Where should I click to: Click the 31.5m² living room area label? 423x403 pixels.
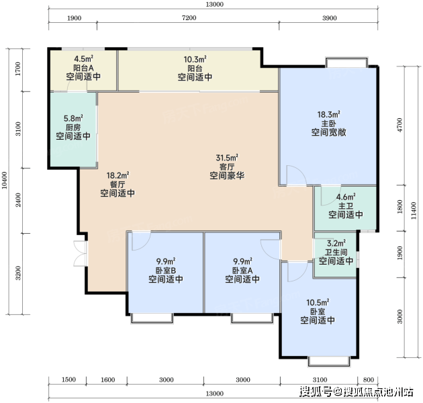[x=227, y=158]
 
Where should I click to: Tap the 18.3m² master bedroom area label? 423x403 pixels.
[x=328, y=114]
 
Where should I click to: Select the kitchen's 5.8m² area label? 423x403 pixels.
[x=73, y=118]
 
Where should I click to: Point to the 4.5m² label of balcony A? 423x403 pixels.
[x=84, y=59]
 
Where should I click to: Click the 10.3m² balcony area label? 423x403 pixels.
[x=195, y=59]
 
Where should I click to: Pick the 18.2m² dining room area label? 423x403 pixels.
[x=117, y=175]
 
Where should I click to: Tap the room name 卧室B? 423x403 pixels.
[x=166, y=270]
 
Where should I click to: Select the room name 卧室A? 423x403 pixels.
[x=242, y=270]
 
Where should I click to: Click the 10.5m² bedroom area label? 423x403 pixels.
[x=318, y=303]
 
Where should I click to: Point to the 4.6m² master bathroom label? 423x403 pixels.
[x=346, y=197]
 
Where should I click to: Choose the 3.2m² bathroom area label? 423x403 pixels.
[x=336, y=243]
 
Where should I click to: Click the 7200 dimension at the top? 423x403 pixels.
[x=189, y=18]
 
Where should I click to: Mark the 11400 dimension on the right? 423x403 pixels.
[x=414, y=210]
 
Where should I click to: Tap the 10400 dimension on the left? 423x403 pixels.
[x=5, y=180]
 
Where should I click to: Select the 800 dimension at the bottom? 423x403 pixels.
[x=368, y=380]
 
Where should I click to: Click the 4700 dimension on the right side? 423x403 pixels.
[x=399, y=125]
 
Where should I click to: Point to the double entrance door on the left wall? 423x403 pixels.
[x=80, y=253]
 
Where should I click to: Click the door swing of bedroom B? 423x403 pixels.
[x=142, y=241]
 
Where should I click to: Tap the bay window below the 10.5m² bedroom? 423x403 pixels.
[x=329, y=362]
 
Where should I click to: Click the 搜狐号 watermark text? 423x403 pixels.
[x=316, y=392]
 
